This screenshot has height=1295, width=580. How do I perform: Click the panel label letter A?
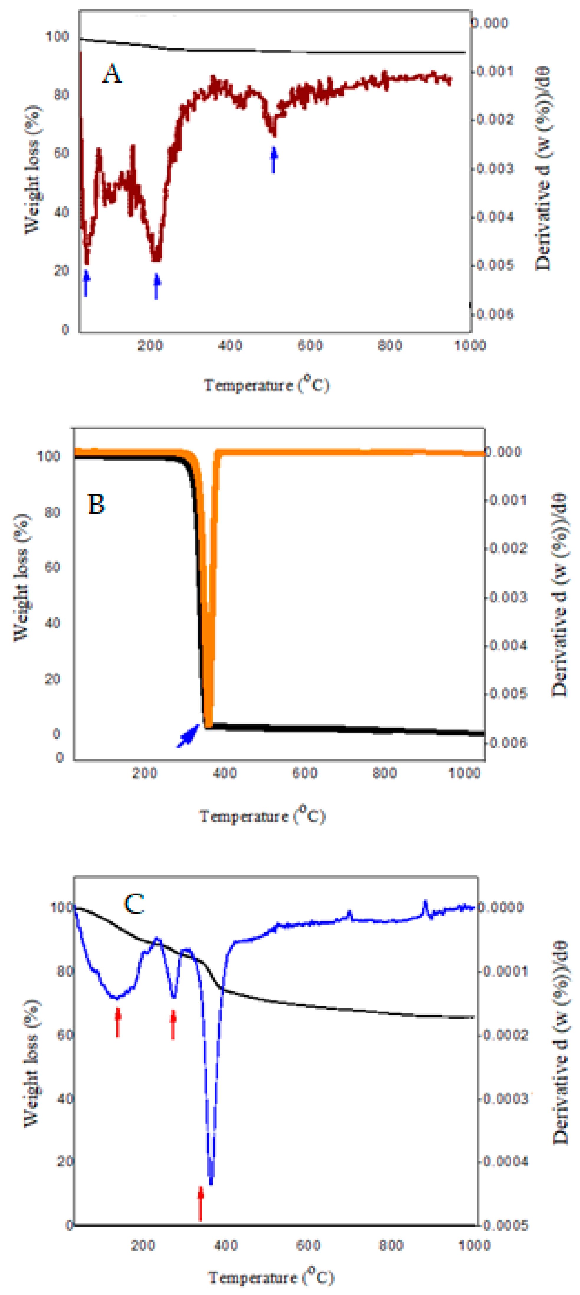[112, 74]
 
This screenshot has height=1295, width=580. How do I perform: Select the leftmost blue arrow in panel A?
[86, 283]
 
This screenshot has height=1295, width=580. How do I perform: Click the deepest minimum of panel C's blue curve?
[211, 1182]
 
